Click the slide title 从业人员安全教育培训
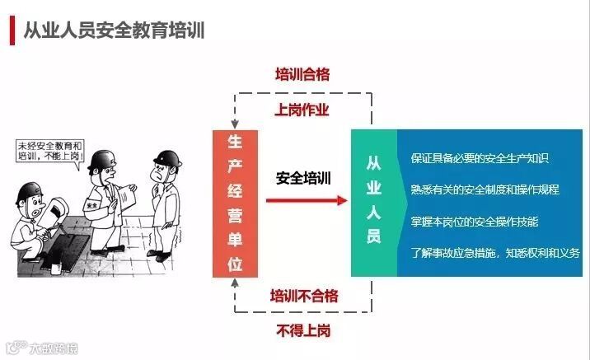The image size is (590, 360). [x=114, y=30]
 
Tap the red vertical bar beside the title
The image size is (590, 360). [x=12, y=30]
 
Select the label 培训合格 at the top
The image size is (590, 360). [x=302, y=75]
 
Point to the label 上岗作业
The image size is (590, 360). [x=302, y=110]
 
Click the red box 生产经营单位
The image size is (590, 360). [x=234, y=203]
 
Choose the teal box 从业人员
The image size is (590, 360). [x=373, y=203]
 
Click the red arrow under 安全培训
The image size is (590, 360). [x=305, y=199]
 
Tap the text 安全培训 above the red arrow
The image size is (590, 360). [x=303, y=177]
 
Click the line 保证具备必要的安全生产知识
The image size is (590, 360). [x=480, y=158]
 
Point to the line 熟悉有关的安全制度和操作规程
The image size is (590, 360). [x=485, y=189]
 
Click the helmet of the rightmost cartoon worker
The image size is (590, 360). [x=167, y=157]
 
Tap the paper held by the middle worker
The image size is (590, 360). [x=128, y=199]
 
